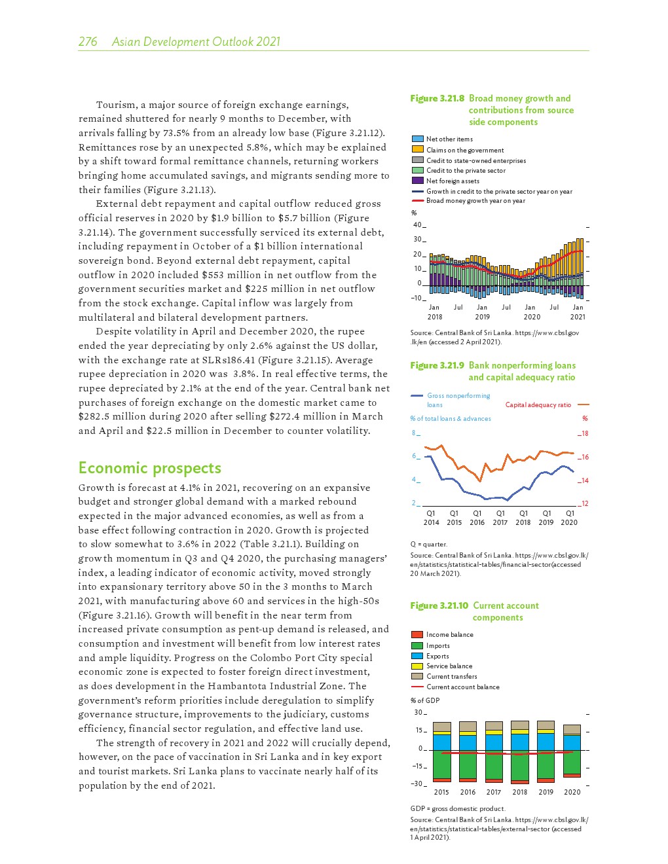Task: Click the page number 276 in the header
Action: click(88, 42)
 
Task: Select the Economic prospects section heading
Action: click(149, 468)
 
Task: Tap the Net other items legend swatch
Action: click(417, 139)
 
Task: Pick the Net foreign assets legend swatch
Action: click(417, 181)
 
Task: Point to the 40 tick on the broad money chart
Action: click(417, 225)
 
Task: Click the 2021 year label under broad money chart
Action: click(578, 317)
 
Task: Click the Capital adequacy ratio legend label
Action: click(538, 405)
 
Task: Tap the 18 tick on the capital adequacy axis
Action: click(585, 434)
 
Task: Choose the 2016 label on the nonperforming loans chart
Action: click(477, 522)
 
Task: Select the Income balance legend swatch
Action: click(417, 634)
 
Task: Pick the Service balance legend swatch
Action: click(417, 666)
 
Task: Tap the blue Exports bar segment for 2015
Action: click(442, 742)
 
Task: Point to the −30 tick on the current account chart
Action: click(417, 783)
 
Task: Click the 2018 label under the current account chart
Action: click(519, 792)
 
